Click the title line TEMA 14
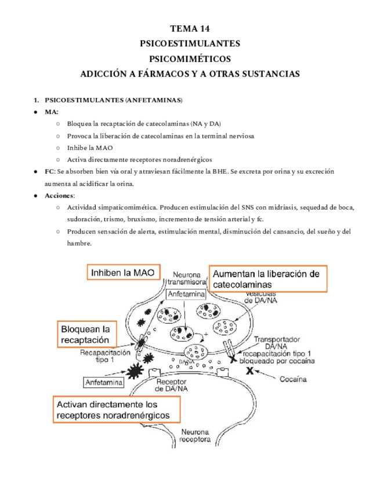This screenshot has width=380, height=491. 190,28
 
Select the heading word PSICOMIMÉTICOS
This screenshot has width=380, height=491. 190,58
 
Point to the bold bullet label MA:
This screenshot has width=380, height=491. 51,112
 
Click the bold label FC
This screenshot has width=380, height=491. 49,172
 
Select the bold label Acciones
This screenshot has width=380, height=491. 60,195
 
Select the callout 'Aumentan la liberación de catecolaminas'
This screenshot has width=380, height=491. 267,279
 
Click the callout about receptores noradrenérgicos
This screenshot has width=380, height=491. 115,410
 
